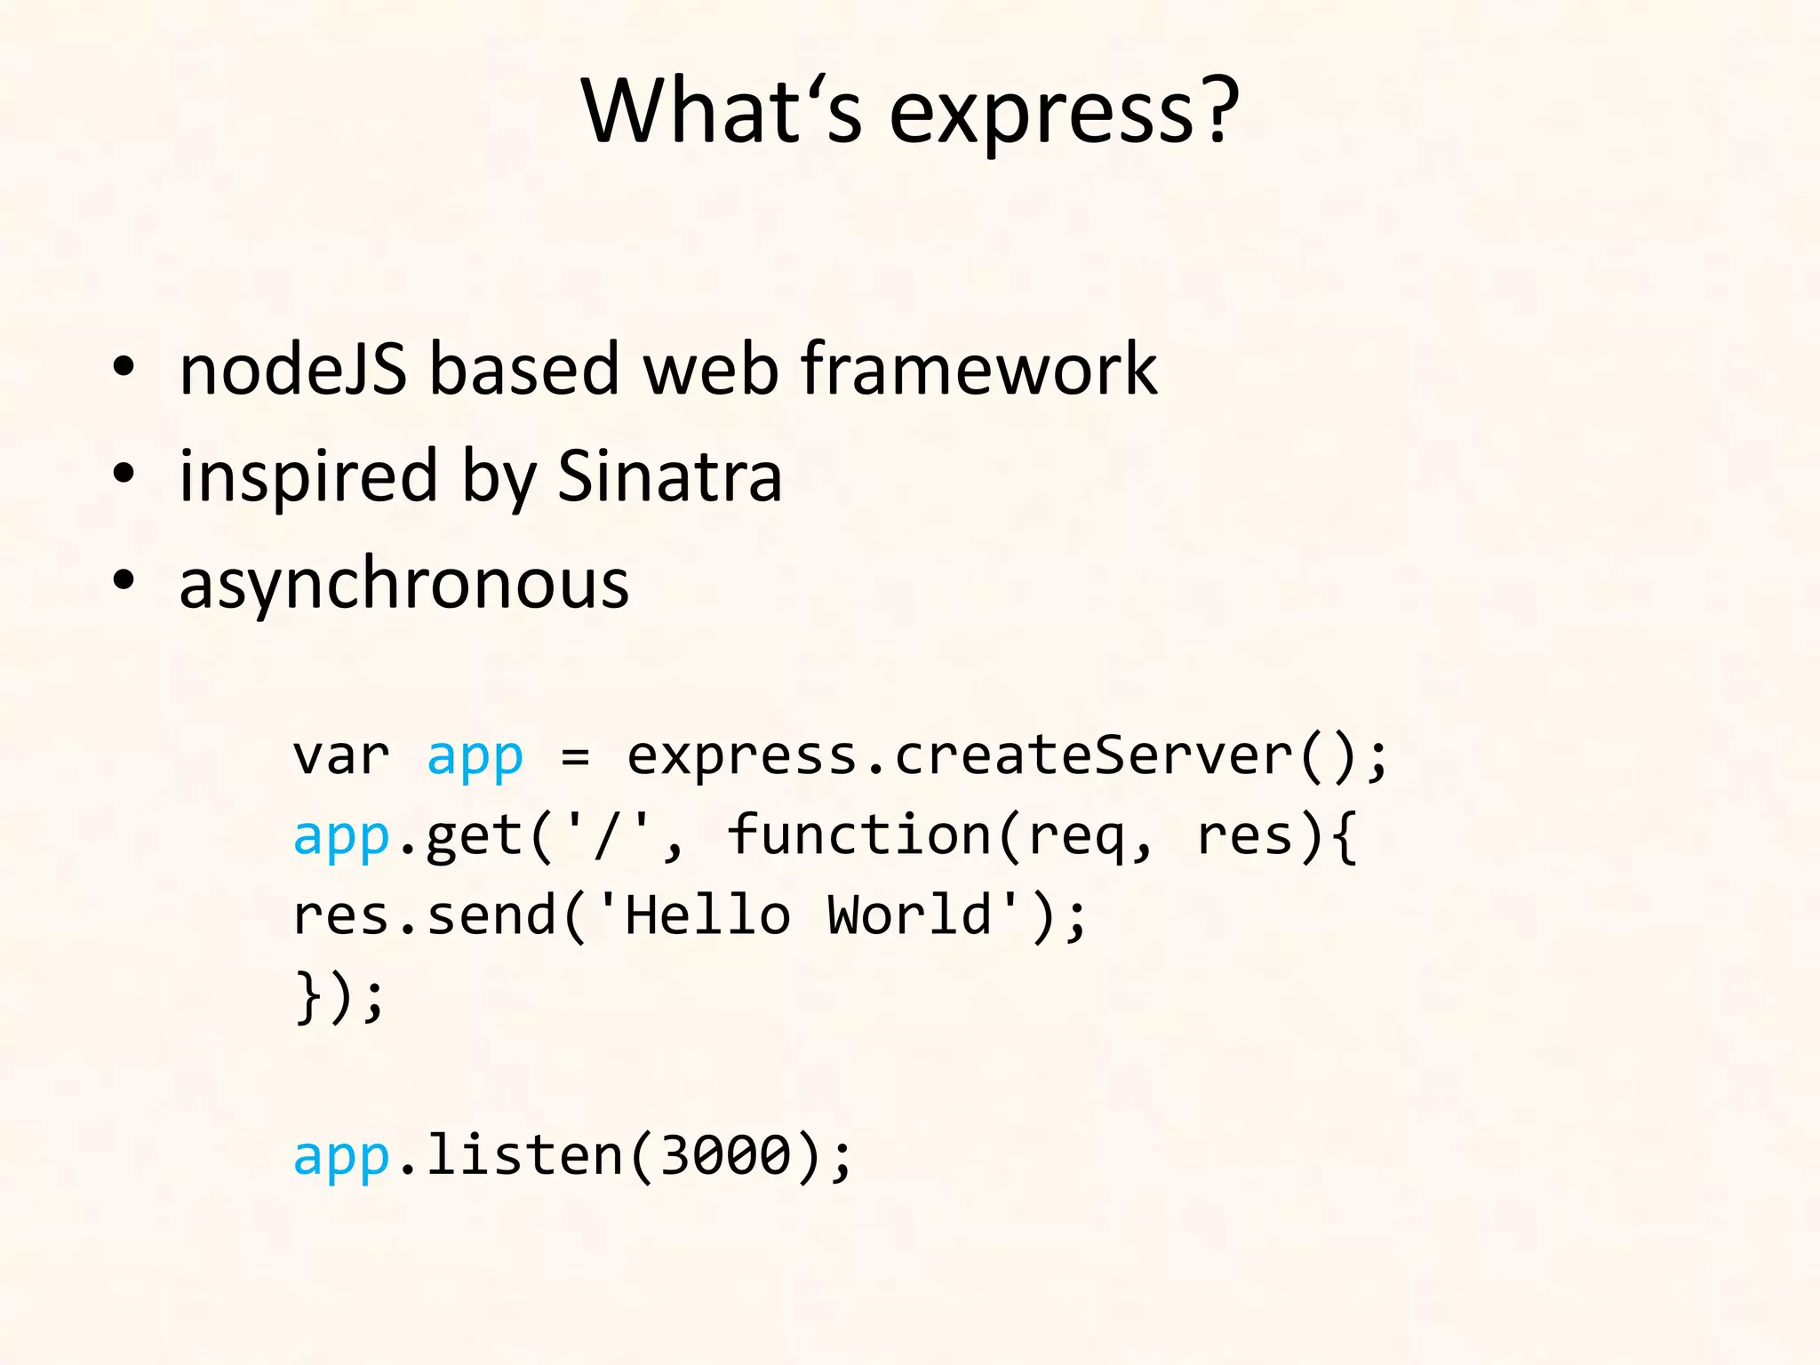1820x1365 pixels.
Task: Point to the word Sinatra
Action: [x=669, y=475]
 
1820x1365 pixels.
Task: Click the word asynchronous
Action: [x=404, y=584]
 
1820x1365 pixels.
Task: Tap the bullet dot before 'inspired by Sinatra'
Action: [x=124, y=474]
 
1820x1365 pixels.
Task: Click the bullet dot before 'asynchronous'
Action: [x=124, y=580]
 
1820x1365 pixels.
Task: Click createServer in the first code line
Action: [x=1093, y=755]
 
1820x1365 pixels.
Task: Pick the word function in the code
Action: [x=858, y=835]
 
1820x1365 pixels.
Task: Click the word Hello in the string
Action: [x=707, y=915]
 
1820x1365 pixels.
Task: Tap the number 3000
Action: [x=725, y=1155]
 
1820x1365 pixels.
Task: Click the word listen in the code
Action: [x=524, y=1155]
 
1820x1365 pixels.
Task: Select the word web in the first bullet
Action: [x=711, y=369]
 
